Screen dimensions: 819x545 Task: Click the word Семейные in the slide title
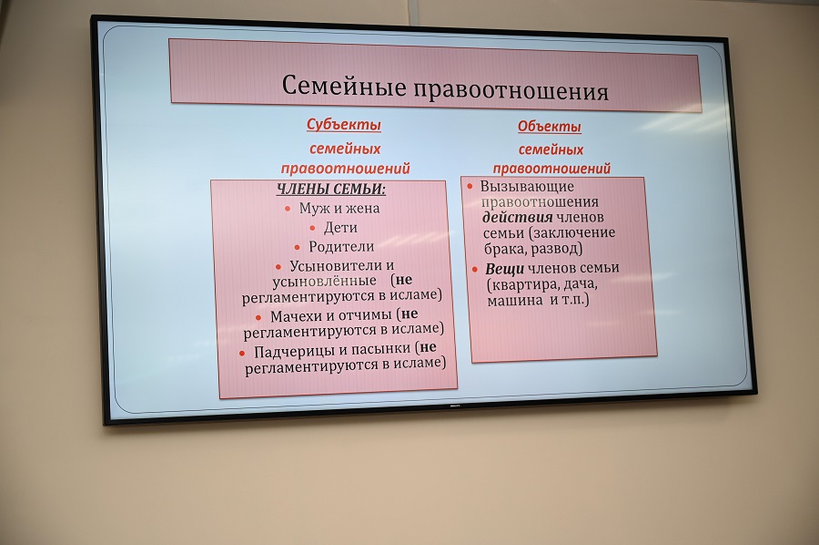point(344,86)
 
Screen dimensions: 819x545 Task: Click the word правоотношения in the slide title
point(511,90)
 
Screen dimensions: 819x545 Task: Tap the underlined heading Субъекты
point(344,125)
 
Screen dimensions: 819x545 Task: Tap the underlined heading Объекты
point(550,126)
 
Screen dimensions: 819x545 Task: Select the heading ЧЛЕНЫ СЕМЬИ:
point(330,189)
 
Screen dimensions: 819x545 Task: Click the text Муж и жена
point(339,208)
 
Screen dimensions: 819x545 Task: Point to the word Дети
point(340,228)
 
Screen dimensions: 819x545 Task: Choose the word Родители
point(341,246)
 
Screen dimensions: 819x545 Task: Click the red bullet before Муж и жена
point(288,209)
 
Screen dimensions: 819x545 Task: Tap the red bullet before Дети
point(312,228)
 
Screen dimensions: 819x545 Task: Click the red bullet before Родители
point(298,247)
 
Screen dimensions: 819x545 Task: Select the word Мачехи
point(294,316)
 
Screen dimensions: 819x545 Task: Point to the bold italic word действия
point(517,217)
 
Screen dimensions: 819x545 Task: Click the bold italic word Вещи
point(504,268)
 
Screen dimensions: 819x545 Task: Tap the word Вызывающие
point(527,186)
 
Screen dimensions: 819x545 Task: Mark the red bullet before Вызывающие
point(470,186)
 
